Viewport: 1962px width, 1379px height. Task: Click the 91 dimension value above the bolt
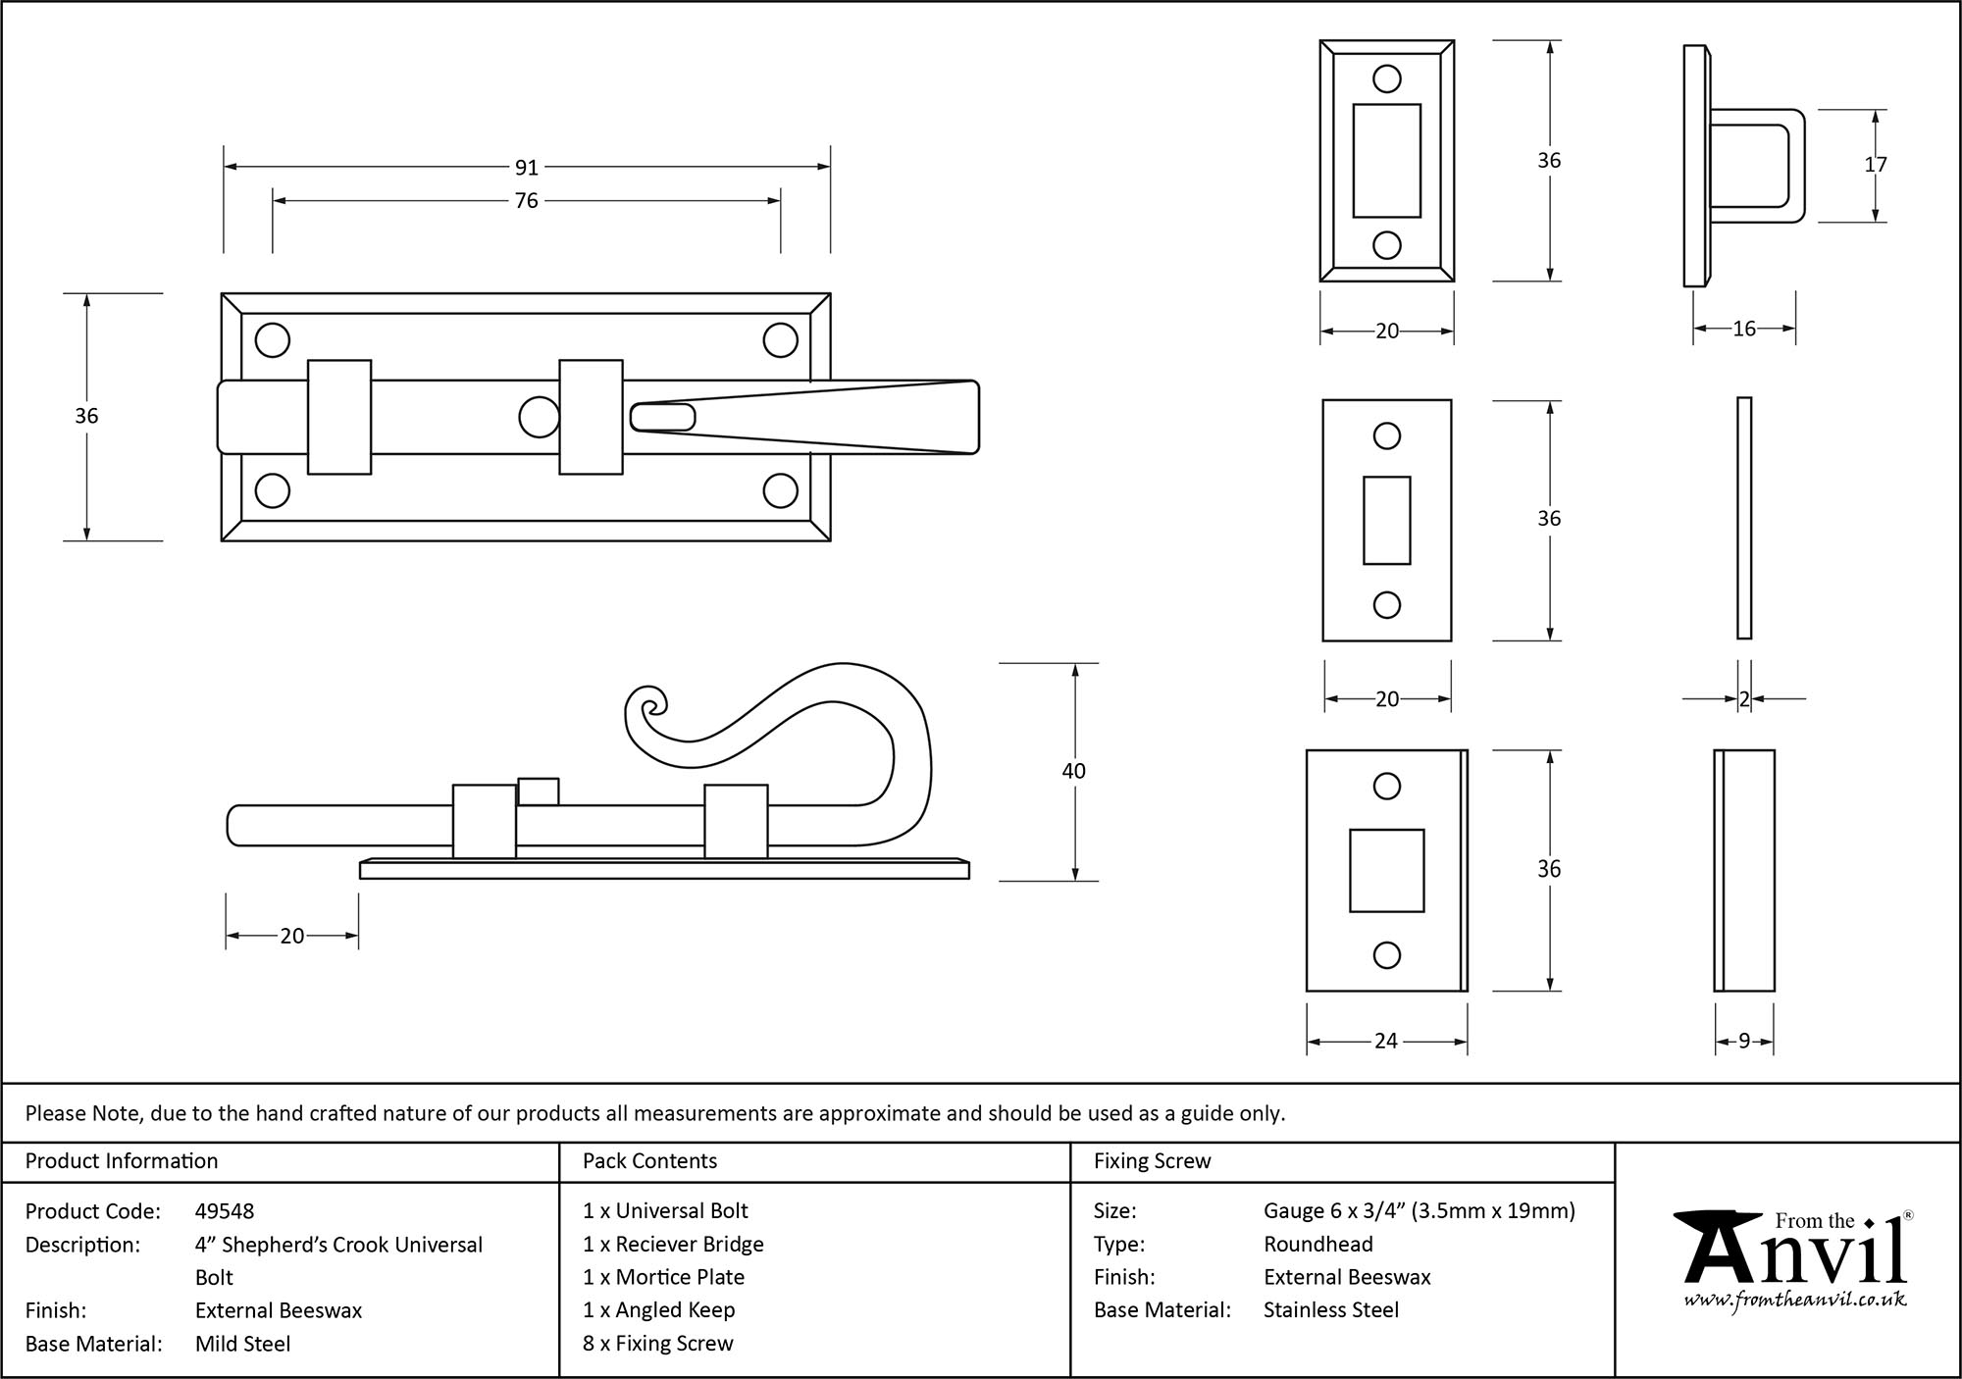coord(527,168)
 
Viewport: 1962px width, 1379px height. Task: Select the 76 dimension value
coord(527,201)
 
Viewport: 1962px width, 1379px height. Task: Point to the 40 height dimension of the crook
coord(1073,771)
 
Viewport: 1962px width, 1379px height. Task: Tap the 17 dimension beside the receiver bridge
coord(1875,165)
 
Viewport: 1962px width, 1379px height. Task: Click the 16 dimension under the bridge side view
coord(1743,330)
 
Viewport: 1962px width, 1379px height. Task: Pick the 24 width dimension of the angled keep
coord(1385,1041)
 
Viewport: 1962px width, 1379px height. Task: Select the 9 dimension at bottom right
coord(1743,1042)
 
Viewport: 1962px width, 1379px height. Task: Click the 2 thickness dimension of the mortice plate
coord(1743,699)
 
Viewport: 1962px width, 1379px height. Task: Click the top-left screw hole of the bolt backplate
coord(273,340)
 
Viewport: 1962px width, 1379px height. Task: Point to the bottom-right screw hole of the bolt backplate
coord(780,490)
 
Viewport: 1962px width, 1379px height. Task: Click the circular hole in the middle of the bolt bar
coord(539,417)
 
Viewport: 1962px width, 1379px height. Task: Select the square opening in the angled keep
coord(1386,870)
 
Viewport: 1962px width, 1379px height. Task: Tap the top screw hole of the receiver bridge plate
coord(1386,79)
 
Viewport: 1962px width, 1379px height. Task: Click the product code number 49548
coord(225,1211)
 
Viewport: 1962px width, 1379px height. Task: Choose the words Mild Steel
coord(242,1344)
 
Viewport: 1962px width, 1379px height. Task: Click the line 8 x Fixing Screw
coord(657,1344)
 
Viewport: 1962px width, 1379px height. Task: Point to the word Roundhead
coord(1317,1245)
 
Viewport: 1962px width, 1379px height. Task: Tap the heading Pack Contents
coord(649,1161)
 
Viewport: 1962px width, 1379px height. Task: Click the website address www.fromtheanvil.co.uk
coord(1795,1300)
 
